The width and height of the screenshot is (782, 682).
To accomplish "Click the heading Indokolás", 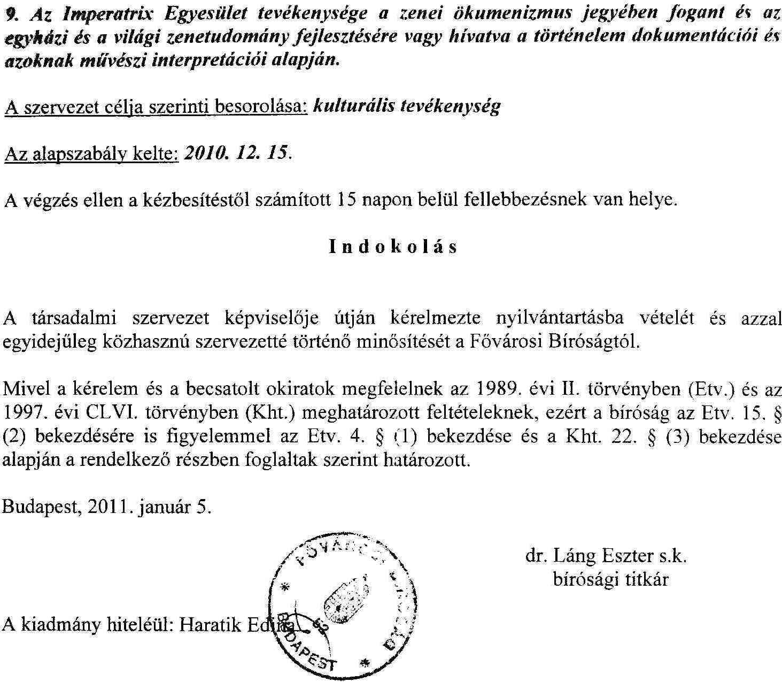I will [393, 247].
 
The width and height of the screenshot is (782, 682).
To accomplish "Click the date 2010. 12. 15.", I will [237, 154].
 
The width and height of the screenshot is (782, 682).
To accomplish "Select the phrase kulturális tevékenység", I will [406, 106].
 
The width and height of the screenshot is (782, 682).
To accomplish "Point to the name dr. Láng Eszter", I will [590, 556].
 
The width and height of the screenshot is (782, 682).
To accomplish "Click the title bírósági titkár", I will [610, 579].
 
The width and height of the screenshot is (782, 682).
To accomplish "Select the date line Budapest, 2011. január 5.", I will [107, 506].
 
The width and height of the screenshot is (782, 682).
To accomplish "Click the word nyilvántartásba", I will [560, 318].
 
